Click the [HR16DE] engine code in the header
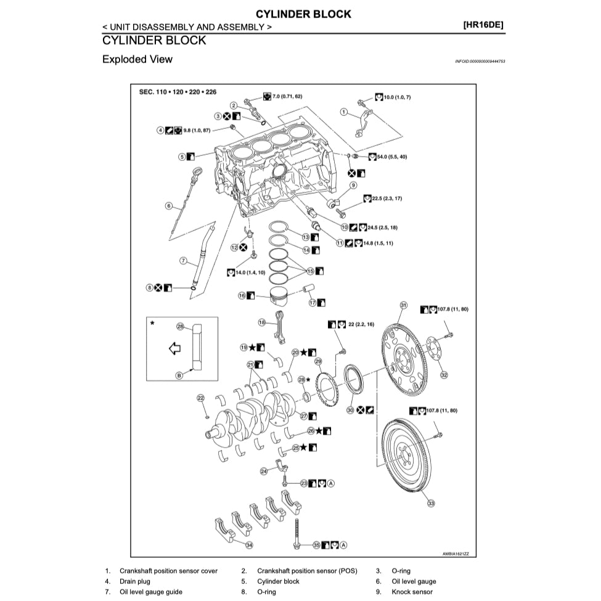click(x=483, y=26)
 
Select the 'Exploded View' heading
click(x=137, y=60)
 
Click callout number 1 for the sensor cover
click(x=345, y=112)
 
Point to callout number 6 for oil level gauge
click(x=168, y=206)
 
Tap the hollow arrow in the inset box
click(x=174, y=349)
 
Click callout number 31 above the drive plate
click(x=404, y=305)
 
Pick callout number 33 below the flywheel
click(x=431, y=504)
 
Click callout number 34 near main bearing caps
click(x=249, y=545)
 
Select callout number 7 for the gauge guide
click(x=183, y=261)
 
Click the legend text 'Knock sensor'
click(x=412, y=592)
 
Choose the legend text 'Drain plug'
click(x=134, y=581)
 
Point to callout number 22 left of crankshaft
click(x=200, y=398)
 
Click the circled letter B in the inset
click(x=179, y=375)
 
